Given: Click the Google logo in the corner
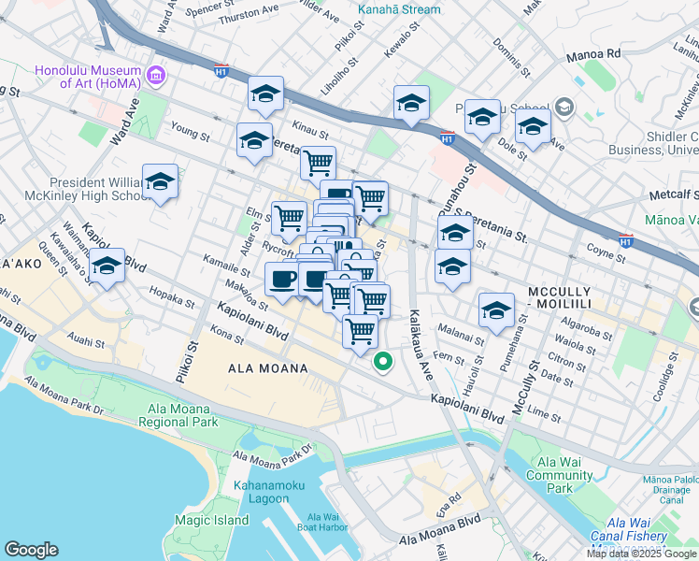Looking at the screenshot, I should click(x=32, y=550).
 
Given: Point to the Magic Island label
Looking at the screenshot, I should click(x=211, y=520).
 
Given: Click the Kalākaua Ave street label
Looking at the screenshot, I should click(x=419, y=354).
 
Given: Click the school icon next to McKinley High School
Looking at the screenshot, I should click(x=160, y=182).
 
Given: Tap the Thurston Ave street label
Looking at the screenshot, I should click(x=249, y=17).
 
